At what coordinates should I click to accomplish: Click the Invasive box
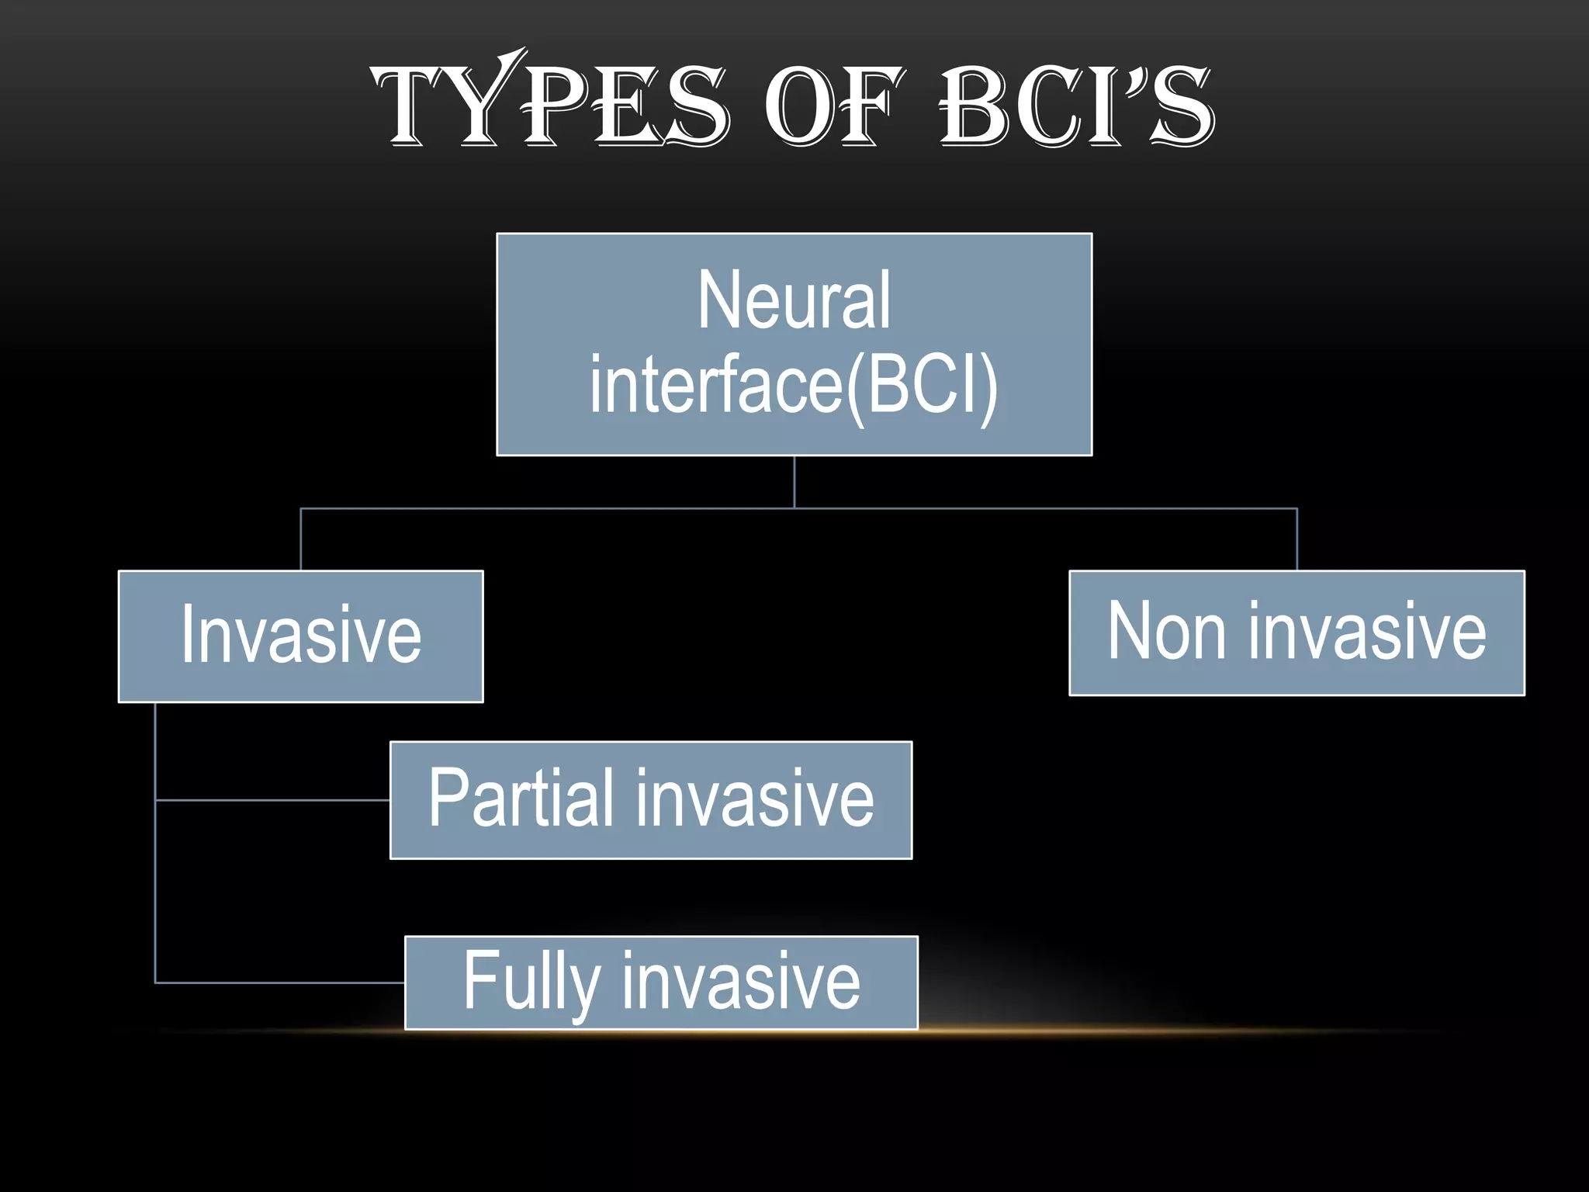(300, 636)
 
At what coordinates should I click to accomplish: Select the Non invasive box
(1296, 632)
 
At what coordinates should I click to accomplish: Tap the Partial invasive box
(650, 799)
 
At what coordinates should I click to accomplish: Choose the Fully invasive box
(661, 982)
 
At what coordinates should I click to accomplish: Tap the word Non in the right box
(1166, 632)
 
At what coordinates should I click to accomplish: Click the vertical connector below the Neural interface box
(794, 482)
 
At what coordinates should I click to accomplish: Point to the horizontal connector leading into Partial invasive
(272, 799)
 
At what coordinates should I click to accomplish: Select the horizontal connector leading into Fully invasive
(279, 982)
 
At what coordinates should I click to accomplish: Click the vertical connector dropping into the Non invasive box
(1296, 539)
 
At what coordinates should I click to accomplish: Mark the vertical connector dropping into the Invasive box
(300, 539)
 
